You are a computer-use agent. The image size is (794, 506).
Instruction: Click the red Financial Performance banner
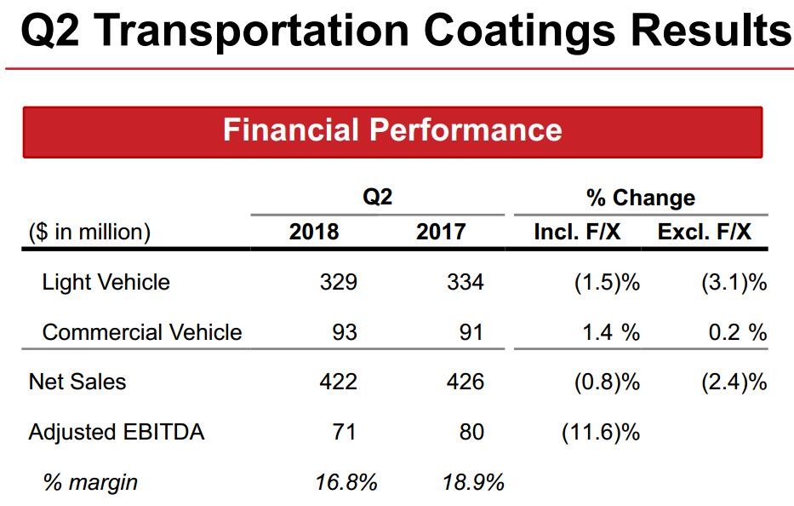(x=392, y=131)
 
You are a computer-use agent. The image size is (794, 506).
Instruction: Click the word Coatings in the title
(x=517, y=32)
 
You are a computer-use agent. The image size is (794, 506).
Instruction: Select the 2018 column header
(x=314, y=232)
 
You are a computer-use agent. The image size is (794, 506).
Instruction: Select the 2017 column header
(x=441, y=232)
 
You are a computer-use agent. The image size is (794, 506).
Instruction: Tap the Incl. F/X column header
(x=577, y=232)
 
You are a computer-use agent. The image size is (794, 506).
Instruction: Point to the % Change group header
(x=640, y=198)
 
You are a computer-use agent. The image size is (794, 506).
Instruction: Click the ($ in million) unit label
(x=89, y=232)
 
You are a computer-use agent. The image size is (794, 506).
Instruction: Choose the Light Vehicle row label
(x=106, y=282)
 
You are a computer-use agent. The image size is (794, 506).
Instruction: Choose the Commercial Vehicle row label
(x=142, y=332)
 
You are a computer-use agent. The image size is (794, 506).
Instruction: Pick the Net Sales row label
(x=77, y=382)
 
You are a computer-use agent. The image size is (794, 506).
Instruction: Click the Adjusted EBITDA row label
(x=117, y=432)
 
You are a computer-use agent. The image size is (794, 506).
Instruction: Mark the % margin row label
(x=90, y=483)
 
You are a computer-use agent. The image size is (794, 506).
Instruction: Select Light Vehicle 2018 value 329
(x=339, y=282)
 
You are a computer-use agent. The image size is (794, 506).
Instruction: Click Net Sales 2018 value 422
(x=339, y=382)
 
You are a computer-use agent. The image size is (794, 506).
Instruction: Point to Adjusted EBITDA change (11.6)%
(x=600, y=432)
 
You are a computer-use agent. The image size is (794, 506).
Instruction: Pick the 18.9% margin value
(x=473, y=483)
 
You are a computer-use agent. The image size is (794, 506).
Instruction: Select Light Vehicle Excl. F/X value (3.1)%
(x=734, y=282)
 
